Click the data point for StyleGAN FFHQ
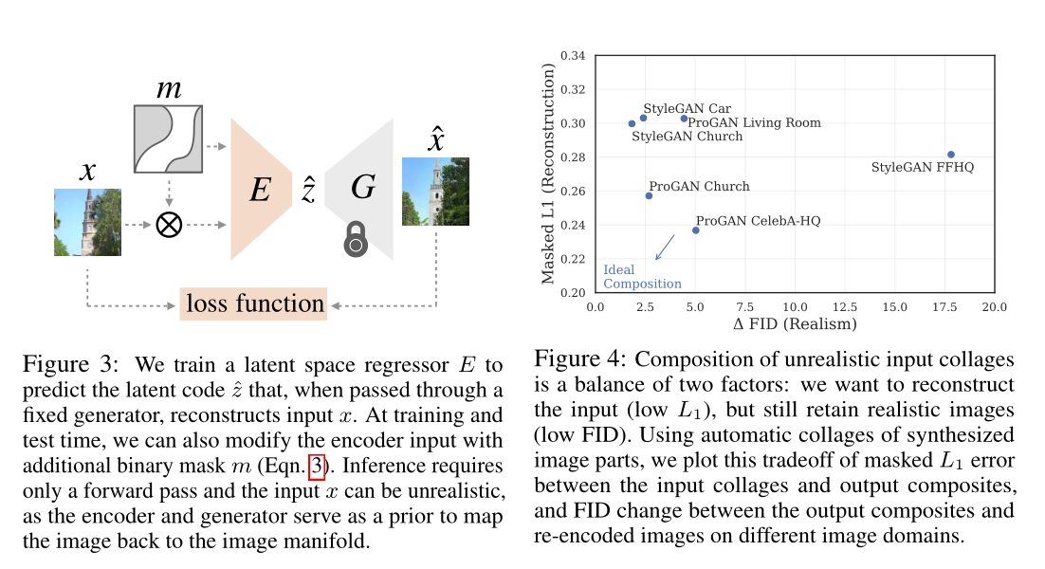tap(950, 155)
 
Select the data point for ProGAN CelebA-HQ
tap(696, 230)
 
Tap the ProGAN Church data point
tap(649, 195)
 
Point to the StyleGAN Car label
tap(687, 109)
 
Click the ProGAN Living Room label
tap(754, 122)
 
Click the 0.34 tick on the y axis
tap(574, 56)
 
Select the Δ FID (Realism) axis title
tap(795, 323)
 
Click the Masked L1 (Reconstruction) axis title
tap(548, 174)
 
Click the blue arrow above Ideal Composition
tap(665, 247)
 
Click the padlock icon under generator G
tap(356, 240)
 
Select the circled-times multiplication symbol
tap(169, 226)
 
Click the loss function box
tap(253, 304)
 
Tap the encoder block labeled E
tap(261, 190)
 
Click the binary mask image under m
tap(169, 140)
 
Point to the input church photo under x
tap(87, 222)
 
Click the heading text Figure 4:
tap(580, 360)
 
